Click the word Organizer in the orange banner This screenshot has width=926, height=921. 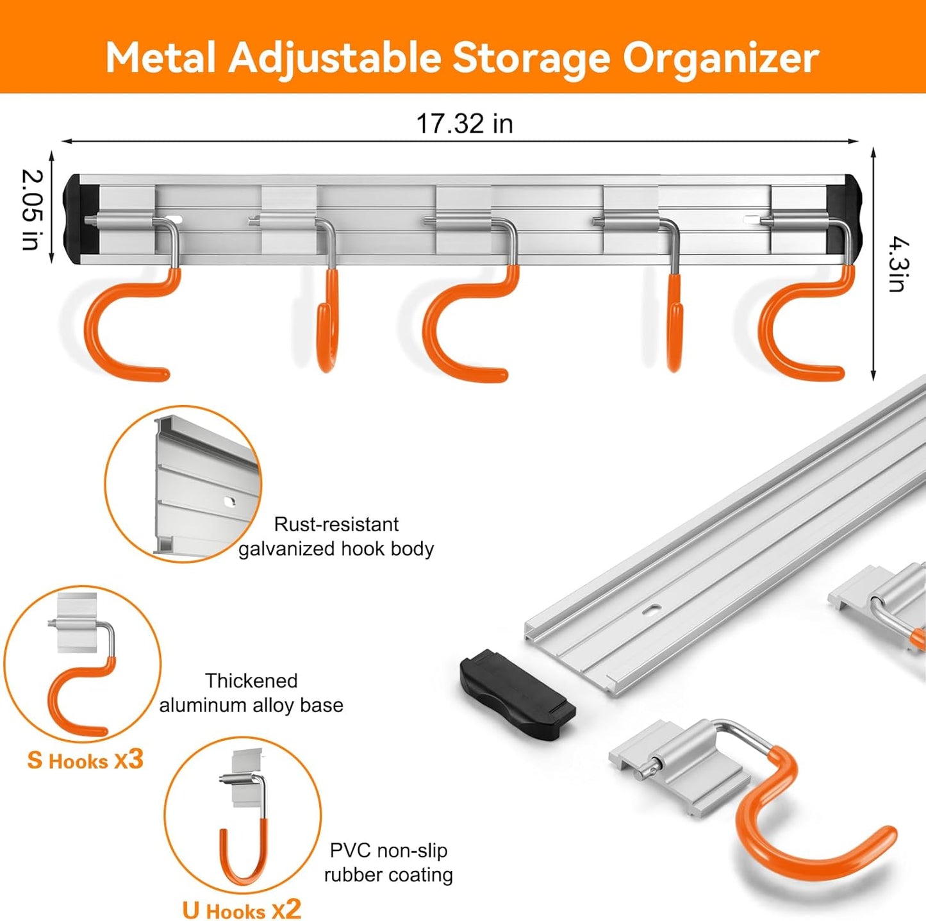pos(721,59)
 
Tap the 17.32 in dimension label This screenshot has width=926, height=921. pos(465,124)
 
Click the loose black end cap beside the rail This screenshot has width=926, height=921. pos(517,695)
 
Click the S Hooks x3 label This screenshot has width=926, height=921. pos(85,761)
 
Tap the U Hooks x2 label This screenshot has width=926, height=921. pos(241,909)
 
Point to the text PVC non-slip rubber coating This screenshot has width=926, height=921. pos(388,863)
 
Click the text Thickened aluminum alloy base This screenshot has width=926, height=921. pos(251,693)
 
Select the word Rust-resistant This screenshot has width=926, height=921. pos(336,524)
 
